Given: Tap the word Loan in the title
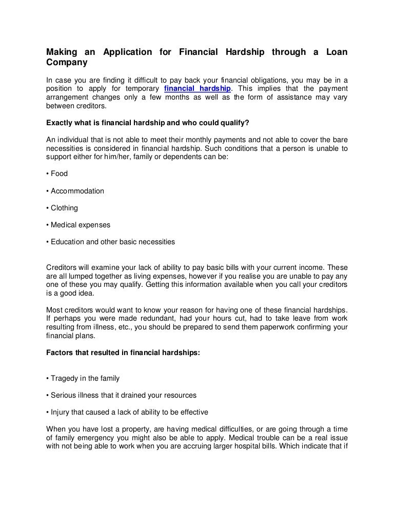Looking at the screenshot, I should coord(336,52).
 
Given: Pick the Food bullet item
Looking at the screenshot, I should coord(57,174).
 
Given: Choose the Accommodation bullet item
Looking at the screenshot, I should coord(75,191).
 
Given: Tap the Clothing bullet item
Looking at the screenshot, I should coord(62,208).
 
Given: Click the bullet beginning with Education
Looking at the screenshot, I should coord(110,242).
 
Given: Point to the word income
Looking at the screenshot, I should coord(296,267).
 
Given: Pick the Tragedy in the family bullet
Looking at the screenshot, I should coord(83,378).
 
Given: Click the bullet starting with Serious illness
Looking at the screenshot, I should coord(121,395).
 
